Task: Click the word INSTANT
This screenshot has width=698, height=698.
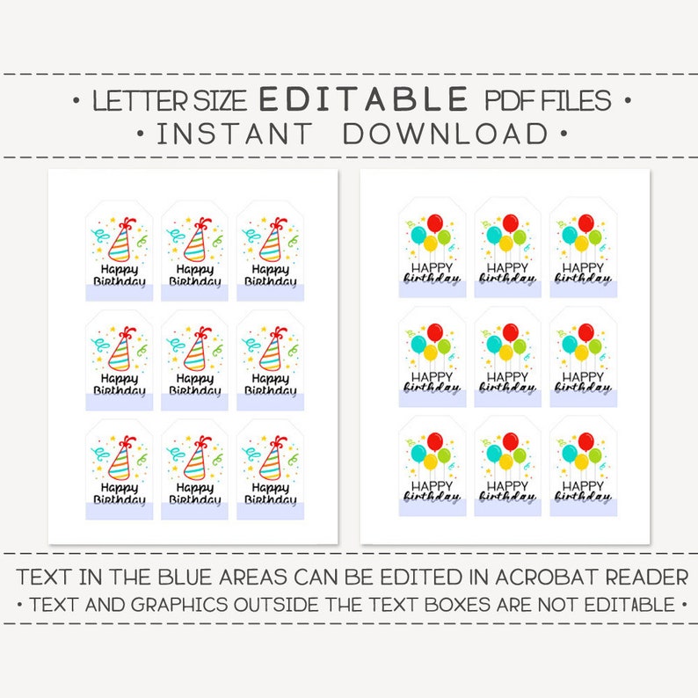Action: (234, 134)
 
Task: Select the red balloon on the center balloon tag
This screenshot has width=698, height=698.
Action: (509, 332)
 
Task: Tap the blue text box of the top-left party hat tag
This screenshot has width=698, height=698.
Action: (119, 293)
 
